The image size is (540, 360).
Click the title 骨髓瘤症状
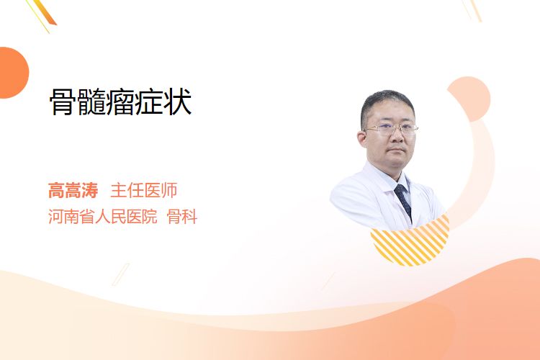pyautogui.click(x=120, y=102)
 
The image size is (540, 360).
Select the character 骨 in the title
pyautogui.click(x=63, y=102)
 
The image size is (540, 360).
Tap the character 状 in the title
pyautogui.click(x=178, y=102)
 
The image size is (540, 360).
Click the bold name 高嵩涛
pyautogui.click(x=73, y=190)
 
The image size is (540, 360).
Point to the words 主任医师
pyautogui.click(x=144, y=190)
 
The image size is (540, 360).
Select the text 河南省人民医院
pyautogui.click(x=103, y=217)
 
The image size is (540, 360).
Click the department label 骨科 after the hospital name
pyautogui.click(x=182, y=217)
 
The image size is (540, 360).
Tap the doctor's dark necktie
pyautogui.click(x=403, y=202)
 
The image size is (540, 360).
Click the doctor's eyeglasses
pyautogui.click(x=391, y=129)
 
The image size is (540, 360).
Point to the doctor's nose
pyautogui.click(x=397, y=136)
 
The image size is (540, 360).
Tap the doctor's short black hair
pyautogui.click(x=386, y=104)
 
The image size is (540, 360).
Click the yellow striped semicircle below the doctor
pyautogui.click(x=410, y=243)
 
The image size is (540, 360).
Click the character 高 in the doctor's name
pyautogui.click(x=56, y=190)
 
